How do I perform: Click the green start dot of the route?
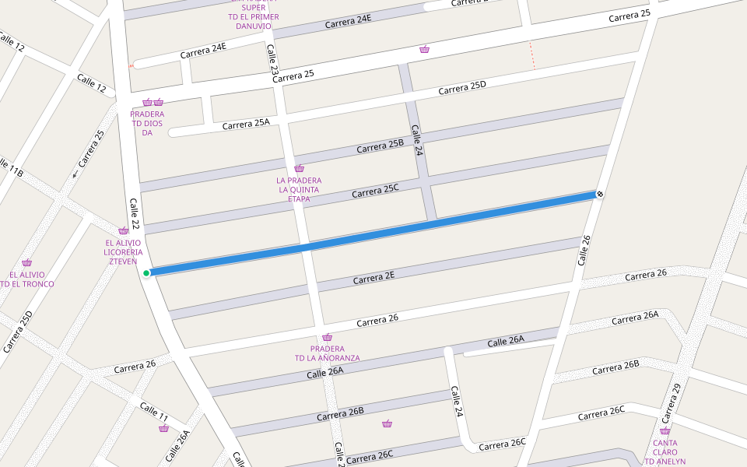pyautogui.click(x=146, y=272)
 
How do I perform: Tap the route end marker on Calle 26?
pyautogui.click(x=600, y=194)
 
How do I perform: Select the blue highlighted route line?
pyautogui.click(x=373, y=233)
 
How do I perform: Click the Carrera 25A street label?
pyautogui.click(x=246, y=124)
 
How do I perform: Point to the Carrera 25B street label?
pyautogui.click(x=381, y=146)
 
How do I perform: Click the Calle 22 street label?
pyautogui.click(x=135, y=214)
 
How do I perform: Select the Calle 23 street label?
pyautogui.click(x=273, y=59)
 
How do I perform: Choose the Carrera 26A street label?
pyautogui.click(x=635, y=318)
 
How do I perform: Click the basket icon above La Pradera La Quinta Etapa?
pyautogui.click(x=299, y=169)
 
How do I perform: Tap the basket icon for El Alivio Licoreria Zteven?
pyautogui.click(x=123, y=231)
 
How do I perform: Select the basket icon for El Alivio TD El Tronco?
pyautogui.click(x=27, y=263)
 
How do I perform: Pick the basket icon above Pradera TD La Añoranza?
pyautogui.click(x=328, y=338)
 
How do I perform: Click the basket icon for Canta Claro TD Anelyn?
pyautogui.click(x=665, y=431)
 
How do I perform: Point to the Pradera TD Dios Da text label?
pyautogui.click(x=147, y=123)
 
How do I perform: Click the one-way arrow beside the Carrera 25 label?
pyautogui.click(x=75, y=174)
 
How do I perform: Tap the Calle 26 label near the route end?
pyautogui.click(x=585, y=250)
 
